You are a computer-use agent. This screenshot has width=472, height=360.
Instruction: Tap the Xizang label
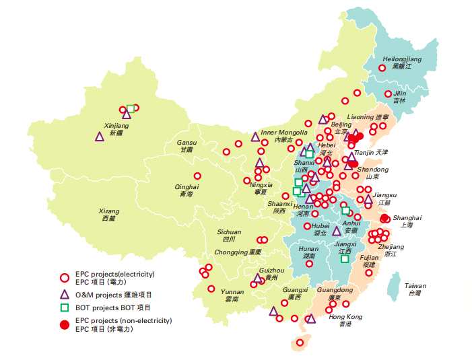point(108,215)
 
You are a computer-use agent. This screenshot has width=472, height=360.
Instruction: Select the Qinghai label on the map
point(187,190)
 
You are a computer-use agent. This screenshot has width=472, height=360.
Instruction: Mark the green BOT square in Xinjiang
point(131,108)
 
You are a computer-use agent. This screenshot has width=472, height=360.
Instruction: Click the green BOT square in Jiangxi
point(345,258)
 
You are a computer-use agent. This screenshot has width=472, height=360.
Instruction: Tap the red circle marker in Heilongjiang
point(382,67)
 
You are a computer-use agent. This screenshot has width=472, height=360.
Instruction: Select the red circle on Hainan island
point(300,343)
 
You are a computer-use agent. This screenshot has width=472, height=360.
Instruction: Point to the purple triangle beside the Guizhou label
point(257,277)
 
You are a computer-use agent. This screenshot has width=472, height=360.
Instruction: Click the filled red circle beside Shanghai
point(384,218)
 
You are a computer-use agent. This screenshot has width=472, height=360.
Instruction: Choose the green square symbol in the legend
point(65,308)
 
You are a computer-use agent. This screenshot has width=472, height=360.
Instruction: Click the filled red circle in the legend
point(65,325)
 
